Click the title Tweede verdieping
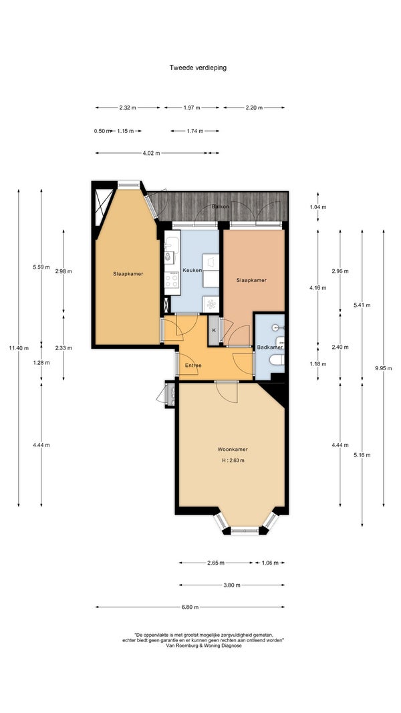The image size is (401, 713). (x=198, y=67)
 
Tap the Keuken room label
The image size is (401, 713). (x=192, y=270)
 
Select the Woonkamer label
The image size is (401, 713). (x=233, y=449)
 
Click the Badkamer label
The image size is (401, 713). (x=269, y=347)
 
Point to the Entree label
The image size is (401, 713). (x=193, y=365)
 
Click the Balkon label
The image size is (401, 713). (x=220, y=206)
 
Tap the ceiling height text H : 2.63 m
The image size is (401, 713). (x=233, y=460)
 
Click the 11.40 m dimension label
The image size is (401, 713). (x=19, y=348)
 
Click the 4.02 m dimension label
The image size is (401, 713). (x=152, y=153)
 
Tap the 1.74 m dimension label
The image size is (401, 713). (x=195, y=131)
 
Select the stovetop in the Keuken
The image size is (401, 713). (x=172, y=279)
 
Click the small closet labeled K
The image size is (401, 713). (x=214, y=330)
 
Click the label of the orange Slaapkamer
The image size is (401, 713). (x=251, y=280)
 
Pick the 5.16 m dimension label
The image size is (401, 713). (x=362, y=455)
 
